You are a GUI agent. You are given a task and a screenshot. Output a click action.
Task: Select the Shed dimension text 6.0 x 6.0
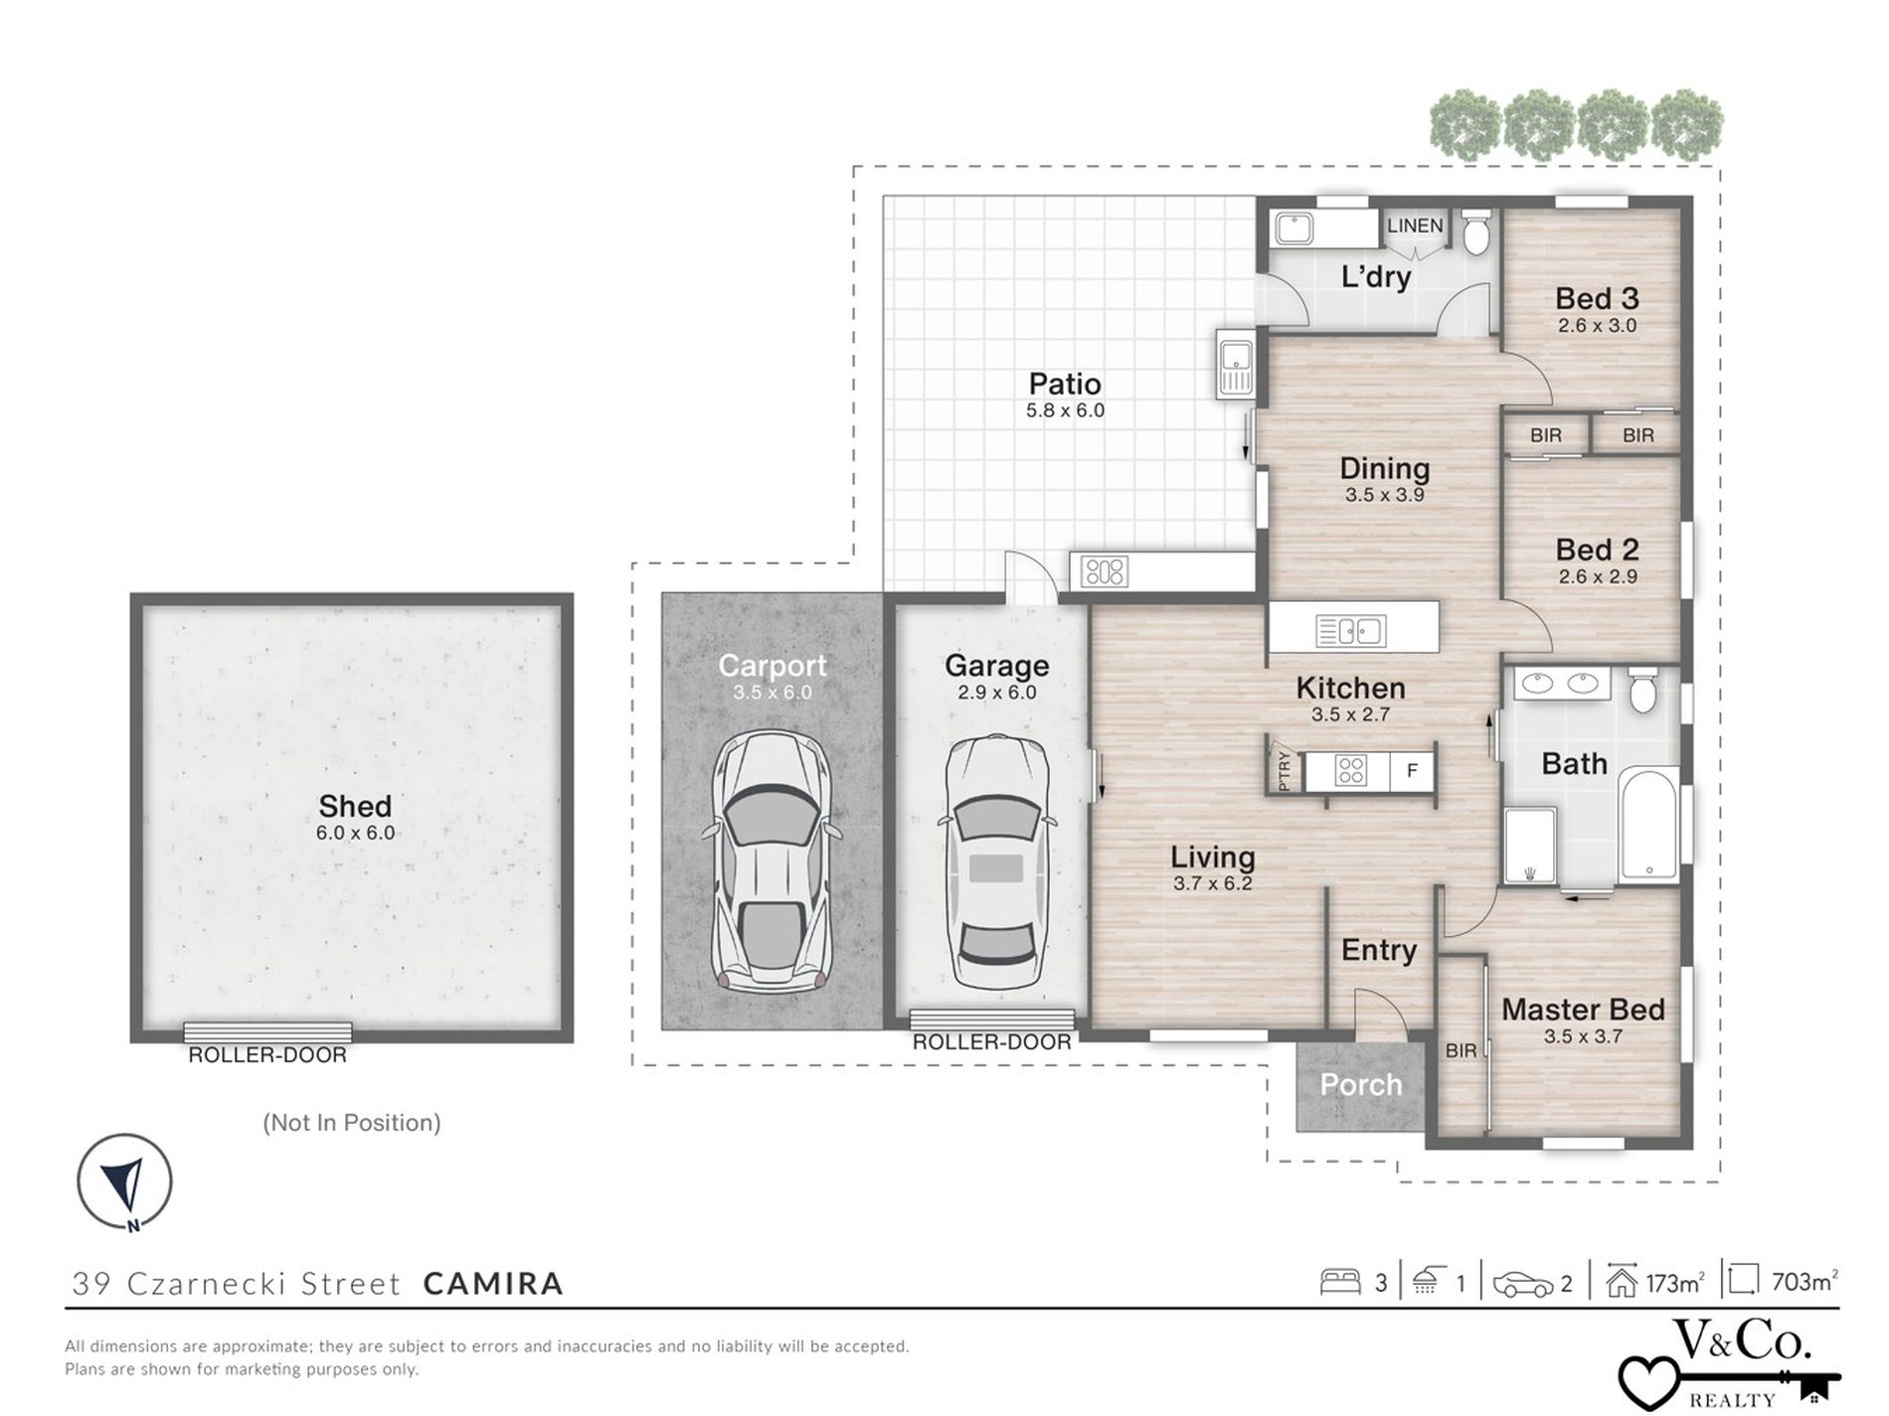355,833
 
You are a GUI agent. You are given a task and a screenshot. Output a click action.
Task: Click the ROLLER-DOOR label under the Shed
267,1055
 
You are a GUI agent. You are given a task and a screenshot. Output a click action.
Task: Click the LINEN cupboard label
1415,226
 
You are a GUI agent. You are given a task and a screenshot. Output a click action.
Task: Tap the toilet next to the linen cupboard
1475,231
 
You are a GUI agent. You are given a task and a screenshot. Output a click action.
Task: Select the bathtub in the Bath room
1649,827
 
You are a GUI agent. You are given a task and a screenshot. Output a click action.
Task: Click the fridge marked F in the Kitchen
1411,770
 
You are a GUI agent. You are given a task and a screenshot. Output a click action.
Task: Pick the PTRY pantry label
1285,770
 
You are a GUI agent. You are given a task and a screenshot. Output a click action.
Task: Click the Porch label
1360,1084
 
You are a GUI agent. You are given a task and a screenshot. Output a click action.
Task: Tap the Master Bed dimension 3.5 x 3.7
1583,1036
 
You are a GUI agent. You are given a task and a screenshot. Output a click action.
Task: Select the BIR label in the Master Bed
1460,1050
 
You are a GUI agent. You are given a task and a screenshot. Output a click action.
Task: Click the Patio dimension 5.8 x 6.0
1065,410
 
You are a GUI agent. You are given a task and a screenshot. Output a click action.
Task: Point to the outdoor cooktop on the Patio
1105,571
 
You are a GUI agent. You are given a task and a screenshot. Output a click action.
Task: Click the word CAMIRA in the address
493,1284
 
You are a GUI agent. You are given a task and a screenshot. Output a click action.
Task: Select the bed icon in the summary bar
1339,1282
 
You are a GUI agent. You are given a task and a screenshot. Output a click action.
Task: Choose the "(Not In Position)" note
352,1123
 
